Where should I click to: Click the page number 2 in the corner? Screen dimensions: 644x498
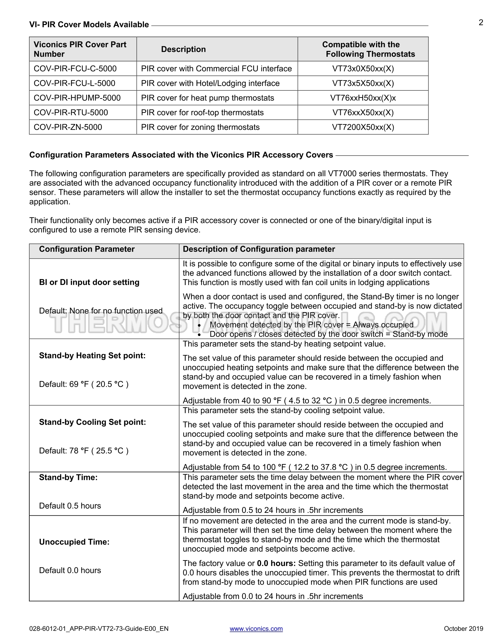click(x=481, y=23)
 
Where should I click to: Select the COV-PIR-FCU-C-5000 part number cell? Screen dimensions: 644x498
click(x=75, y=69)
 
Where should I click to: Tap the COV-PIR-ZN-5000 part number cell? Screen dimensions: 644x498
click(x=68, y=127)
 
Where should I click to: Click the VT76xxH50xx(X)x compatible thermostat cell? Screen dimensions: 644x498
click(x=363, y=98)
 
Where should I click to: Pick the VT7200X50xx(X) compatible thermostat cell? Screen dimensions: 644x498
click(x=363, y=127)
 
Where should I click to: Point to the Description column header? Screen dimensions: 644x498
click(x=183, y=49)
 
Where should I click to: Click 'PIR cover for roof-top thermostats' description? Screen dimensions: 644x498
click(x=202, y=113)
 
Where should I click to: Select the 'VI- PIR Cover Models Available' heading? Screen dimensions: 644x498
click(x=89, y=25)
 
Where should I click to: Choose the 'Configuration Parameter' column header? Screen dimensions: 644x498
click(x=87, y=249)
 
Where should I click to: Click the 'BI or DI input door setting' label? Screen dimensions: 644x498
click(x=89, y=282)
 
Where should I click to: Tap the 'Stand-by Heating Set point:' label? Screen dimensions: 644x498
click(x=92, y=356)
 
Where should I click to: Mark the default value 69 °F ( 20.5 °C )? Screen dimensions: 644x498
click(x=84, y=384)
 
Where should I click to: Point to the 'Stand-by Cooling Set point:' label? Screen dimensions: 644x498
click(x=92, y=422)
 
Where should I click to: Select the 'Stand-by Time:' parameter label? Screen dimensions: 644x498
click(x=68, y=477)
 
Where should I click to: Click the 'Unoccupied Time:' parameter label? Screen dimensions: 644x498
click(x=74, y=542)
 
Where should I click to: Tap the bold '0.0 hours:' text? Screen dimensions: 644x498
click(x=276, y=563)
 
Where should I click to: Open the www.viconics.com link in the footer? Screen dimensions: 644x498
click(x=256, y=628)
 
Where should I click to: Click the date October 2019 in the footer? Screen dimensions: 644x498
click(x=463, y=628)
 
